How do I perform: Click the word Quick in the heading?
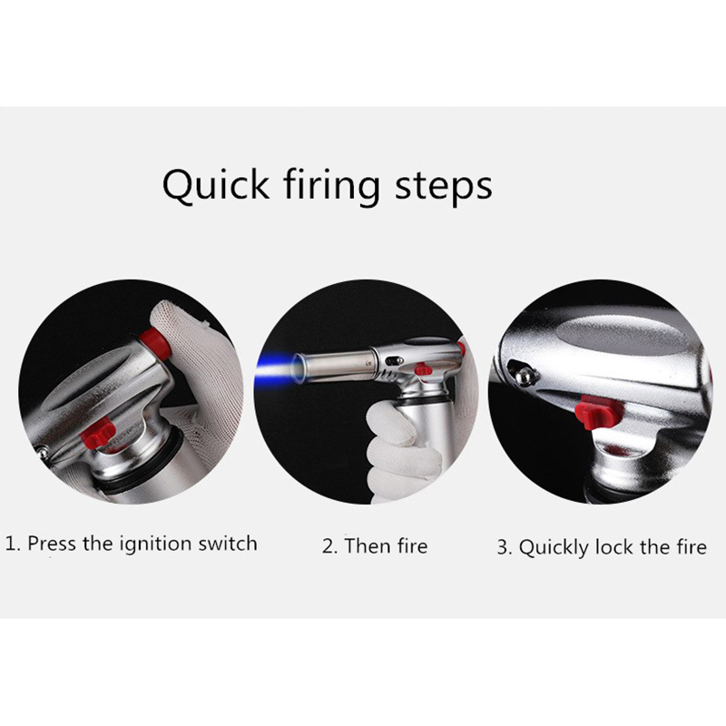point(215,185)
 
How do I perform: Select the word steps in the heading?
point(443,186)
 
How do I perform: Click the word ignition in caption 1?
point(155,544)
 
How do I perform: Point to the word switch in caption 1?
point(228,543)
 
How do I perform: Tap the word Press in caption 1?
point(53,543)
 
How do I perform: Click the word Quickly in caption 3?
point(554,548)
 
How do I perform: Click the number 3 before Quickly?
point(503,547)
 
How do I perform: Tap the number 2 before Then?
point(329,546)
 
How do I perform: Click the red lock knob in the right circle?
point(597,412)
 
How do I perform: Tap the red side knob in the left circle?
point(98,433)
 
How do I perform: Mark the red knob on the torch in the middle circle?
point(422,369)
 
